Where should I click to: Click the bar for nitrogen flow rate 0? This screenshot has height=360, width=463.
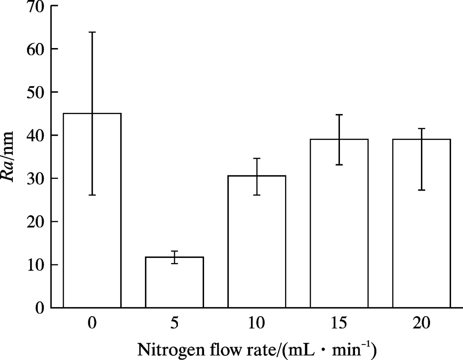click(x=92, y=210)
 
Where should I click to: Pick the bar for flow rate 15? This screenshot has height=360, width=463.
click(x=339, y=223)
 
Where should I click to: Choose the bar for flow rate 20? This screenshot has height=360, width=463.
click(x=421, y=223)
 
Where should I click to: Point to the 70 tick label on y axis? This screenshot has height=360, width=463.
click(x=36, y=7)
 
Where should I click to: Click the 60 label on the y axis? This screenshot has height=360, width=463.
click(x=36, y=49)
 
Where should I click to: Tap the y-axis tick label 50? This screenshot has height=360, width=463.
click(x=36, y=92)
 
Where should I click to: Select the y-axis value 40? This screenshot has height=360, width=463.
click(x=36, y=136)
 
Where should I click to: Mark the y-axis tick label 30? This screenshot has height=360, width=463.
click(x=36, y=178)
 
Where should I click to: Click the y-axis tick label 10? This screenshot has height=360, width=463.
click(x=36, y=265)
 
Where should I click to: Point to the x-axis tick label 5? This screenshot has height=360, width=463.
click(x=174, y=324)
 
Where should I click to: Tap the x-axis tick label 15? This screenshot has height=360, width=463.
click(x=339, y=324)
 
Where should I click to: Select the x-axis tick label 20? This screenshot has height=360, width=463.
click(x=421, y=324)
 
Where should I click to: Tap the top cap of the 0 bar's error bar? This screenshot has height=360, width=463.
click(x=92, y=32)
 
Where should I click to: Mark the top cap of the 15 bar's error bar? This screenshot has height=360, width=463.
click(x=339, y=115)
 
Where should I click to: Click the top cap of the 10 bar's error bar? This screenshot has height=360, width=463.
click(x=256, y=158)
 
